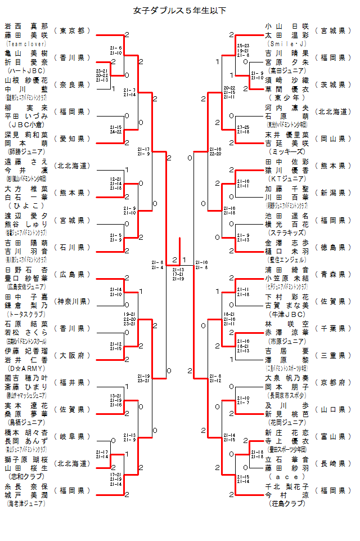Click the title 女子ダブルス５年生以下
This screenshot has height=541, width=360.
[x=180, y=10]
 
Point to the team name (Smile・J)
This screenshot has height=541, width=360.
[x=287, y=43]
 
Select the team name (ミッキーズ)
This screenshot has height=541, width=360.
[x=287, y=151]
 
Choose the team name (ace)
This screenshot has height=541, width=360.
[x=287, y=476]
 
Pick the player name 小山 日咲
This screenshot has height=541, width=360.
[x=287, y=26]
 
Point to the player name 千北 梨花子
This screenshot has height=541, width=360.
[x=287, y=486]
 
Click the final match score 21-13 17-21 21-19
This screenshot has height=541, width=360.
[x=178, y=274]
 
